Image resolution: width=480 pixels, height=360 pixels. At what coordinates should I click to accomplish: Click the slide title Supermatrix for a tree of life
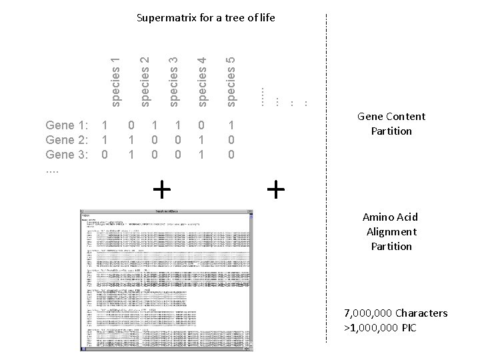(205, 17)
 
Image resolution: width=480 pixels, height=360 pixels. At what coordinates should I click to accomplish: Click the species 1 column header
(116, 83)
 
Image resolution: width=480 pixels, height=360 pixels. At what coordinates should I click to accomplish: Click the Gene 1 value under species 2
(131, 125)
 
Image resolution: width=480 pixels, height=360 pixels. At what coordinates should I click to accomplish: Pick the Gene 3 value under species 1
(104, 154)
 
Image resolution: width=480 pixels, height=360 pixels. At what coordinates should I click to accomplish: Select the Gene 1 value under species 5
(231, 125)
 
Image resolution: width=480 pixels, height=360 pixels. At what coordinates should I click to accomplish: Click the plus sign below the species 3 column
(161, 190)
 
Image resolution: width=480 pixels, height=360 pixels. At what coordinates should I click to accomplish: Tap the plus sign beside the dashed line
(275, 190)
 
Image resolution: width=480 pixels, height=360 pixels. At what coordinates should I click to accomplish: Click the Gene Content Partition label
(391, 123)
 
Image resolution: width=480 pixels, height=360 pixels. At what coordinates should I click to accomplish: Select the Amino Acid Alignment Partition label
(391, 231)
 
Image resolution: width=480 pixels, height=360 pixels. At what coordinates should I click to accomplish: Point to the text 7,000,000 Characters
(396, 313)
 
